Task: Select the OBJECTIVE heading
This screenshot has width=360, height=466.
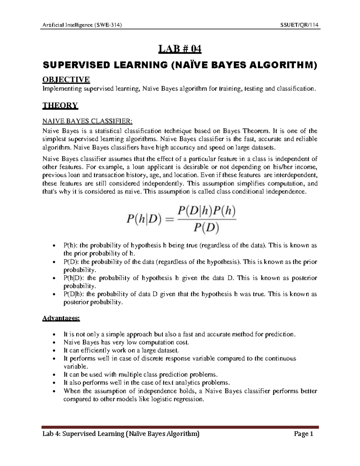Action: [x=66, y=80]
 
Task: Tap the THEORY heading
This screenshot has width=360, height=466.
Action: [x=60, y=105]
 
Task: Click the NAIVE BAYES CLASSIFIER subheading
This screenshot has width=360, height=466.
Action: [x=87, y=121]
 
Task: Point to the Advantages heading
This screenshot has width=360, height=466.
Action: [x=61, y=318]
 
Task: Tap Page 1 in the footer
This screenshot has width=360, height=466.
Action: [x=304, y=434]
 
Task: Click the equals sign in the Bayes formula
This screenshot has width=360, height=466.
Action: [x=169, y=220]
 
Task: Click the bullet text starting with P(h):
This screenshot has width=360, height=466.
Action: [x=190, y=245]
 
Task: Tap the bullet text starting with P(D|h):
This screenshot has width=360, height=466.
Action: [x=190, y=294]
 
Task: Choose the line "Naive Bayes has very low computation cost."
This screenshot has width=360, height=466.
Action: [x=126, y=342]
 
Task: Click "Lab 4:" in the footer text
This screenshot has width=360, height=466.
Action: [x=51, y=434]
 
